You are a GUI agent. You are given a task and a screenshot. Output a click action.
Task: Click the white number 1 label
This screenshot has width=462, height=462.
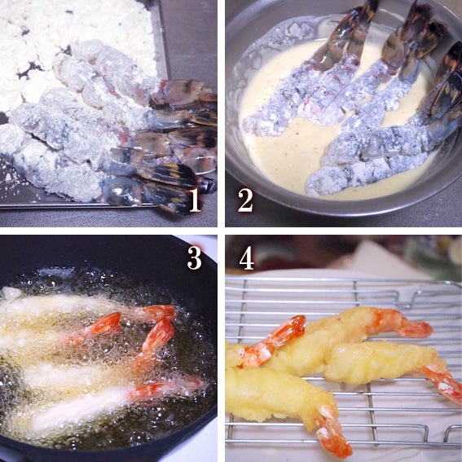[195, 200]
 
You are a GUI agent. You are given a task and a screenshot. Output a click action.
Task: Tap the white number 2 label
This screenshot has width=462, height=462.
[245, 200]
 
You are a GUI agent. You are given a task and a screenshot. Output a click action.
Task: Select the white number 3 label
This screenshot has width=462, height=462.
[195, 257]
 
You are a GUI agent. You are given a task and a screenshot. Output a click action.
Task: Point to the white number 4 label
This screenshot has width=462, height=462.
[246, 257]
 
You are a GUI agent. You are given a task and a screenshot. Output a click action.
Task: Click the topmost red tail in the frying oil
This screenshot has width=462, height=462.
[153, 312]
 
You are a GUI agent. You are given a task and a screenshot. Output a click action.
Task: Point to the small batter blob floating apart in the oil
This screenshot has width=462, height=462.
[11, 293]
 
